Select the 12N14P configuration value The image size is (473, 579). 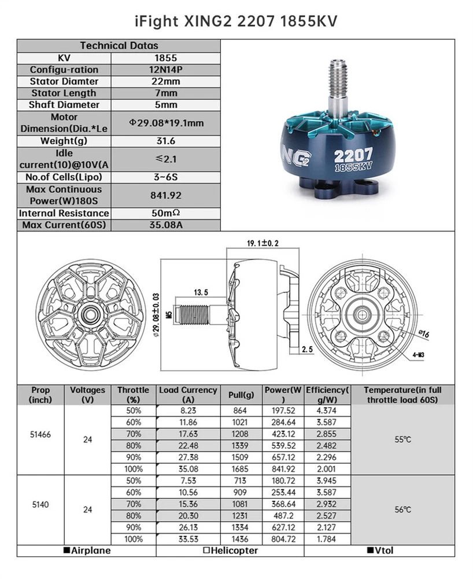click(166, 69)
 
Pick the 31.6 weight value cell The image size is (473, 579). click(166, 141)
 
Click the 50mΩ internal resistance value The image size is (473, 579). click(166, 214)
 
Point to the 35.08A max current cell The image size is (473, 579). click(166, 225)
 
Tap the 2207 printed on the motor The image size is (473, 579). click(354, 155)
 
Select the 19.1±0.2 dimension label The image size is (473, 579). click(263, 243)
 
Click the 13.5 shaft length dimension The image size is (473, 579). click(201, 292)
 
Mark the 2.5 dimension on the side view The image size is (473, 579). click(307, 350)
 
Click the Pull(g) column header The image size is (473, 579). click(242, 395)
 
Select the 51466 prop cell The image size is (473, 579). click(40, 434)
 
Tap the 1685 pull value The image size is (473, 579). click(240, 469)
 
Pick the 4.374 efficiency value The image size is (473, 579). click(327, 411)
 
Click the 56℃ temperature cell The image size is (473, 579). click(402, 510)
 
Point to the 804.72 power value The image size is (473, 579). click(283, 539)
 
